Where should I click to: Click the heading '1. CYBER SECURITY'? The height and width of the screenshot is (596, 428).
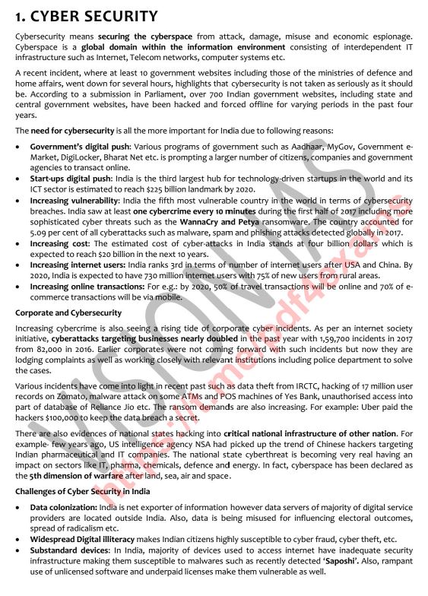click(x=87, y=16)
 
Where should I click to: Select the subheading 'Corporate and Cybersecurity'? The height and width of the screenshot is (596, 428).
click(x=68, y=312)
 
